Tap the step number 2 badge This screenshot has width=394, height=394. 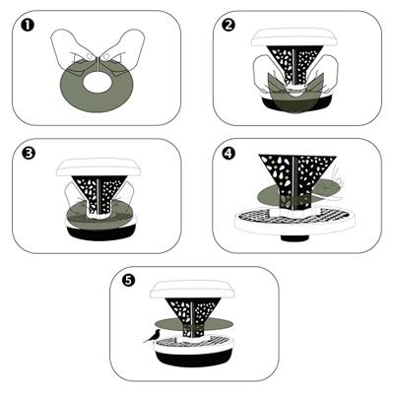point(228,25)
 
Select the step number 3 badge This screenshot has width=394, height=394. point(29,153)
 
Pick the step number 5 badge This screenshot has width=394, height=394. point(128,281)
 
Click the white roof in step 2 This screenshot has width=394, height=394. point(295,38)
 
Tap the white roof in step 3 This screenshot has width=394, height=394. point(98,167)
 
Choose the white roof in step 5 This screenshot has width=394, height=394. point(192,290)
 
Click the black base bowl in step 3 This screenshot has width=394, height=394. point(100,233)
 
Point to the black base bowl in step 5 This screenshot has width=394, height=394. point(193,359)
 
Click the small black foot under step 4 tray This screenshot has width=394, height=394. point(295,238)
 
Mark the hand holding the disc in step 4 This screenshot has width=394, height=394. point(330,185)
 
